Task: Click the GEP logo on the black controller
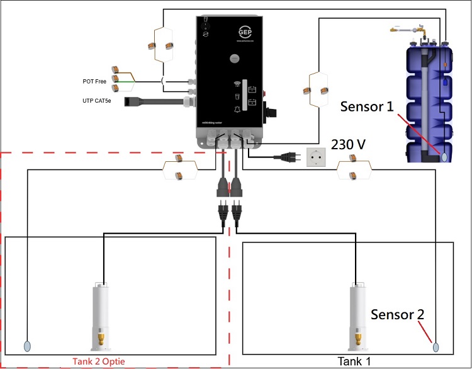243,31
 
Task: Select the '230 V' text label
349,144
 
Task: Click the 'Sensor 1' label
368,106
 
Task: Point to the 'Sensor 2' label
398,314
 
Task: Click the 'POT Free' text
96,81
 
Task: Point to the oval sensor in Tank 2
27,346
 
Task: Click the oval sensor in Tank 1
435,346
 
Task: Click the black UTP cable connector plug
131,101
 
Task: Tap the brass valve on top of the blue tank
397,30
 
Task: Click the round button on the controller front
235,59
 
